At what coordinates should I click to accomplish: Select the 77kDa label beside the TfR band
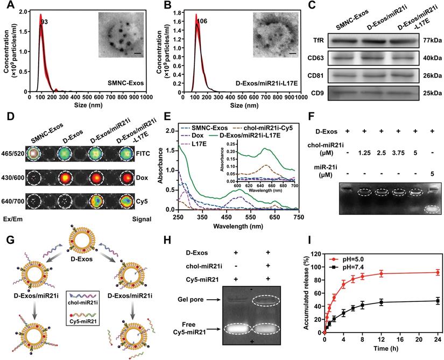(x=430, y=39)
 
